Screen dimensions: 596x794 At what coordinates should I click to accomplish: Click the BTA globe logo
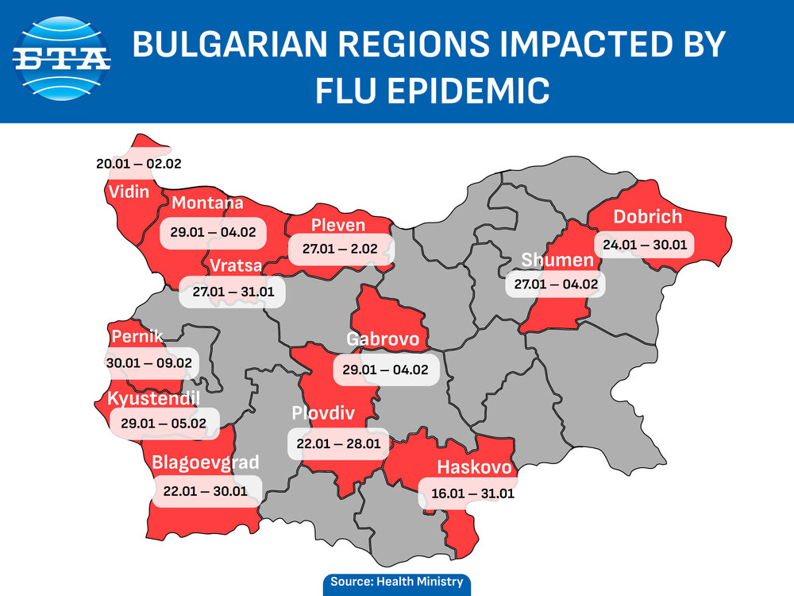pyautogui.click(x=63, y=60)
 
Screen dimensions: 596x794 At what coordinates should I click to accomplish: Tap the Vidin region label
pyautogui.click(x=129, y=192)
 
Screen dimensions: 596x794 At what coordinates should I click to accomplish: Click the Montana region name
pyautogui.click(x=207, y=203)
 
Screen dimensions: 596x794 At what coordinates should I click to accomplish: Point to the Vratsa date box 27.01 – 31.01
pyautogui.click(x=233, y=292)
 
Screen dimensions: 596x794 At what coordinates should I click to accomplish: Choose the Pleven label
pyautogui.click(x=338, y=226)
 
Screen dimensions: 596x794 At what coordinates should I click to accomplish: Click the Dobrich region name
pyautogui.click(x=647, y=217)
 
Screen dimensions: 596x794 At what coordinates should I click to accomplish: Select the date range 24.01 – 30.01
pyautogui.click(x=644, y=244)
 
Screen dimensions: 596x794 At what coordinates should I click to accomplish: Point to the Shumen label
pyautogui.click(x=557, y=261)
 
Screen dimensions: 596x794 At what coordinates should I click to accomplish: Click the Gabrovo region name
pyautogui.click(x=383, y=340)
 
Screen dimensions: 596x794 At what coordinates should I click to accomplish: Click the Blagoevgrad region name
pyautogui.click(x=205, y=462)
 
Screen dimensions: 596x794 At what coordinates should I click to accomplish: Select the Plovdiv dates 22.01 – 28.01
pyautogui.click(x=338, y=443)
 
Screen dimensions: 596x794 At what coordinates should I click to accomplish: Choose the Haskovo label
pyautogui.click(x=474, y=467)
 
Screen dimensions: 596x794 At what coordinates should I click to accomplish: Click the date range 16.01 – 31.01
pyautogui.click(x=473, y=493)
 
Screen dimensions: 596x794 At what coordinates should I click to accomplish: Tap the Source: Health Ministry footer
pyautogui.click(x=396, y=582)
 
